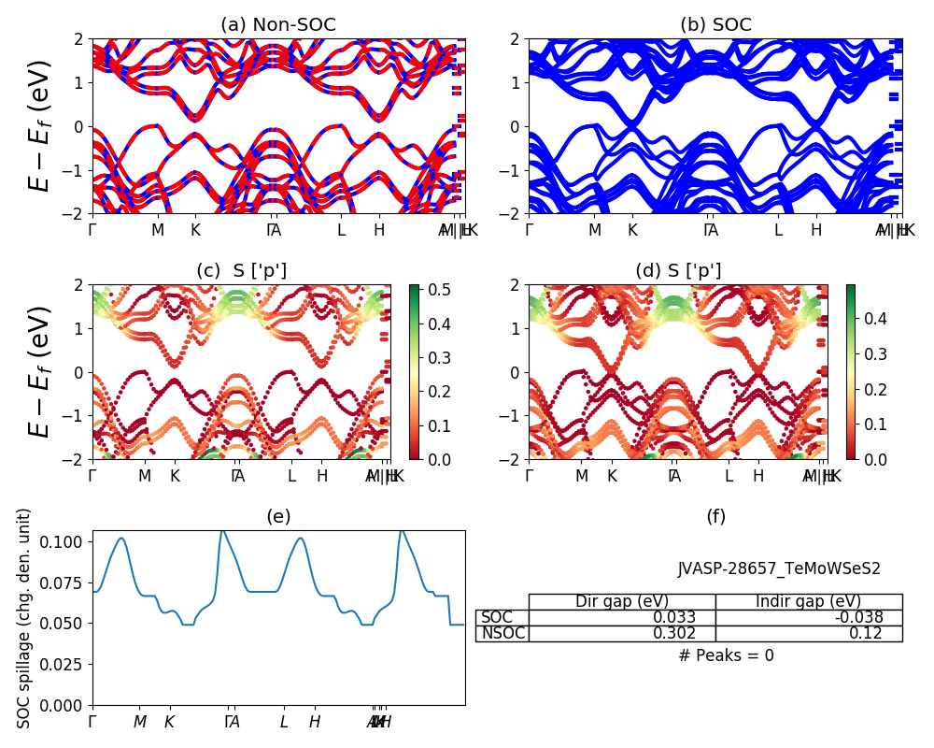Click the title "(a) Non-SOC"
(277, 24)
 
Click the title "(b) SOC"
(715, 24)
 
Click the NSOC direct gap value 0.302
(682, 633)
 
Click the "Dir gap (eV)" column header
(622, 601)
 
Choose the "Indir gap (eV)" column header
(808, 601)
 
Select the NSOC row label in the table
(502, 633)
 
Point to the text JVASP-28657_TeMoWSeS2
(779, 568)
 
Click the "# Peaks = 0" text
(726, 655)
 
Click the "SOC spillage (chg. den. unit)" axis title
(24, 618)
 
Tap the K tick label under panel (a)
(195, 230)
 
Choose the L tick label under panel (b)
(778, 230)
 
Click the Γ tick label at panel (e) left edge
(92, 721)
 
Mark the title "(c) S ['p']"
(241, 271)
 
